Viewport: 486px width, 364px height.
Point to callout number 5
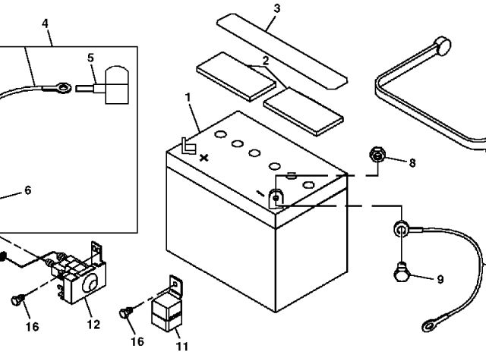point(91,57)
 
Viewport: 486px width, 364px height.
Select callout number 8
point(412,162)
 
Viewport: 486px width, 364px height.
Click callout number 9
point(440,279)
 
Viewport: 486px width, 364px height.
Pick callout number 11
point(181,347)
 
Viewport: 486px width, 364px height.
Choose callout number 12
point(93,325)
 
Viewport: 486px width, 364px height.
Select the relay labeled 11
point(169,307)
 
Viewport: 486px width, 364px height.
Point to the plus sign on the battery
point(204,158)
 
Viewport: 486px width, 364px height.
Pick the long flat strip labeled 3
point(279,45)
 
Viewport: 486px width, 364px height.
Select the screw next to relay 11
point(128,311)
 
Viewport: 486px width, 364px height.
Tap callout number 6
point(28,190)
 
